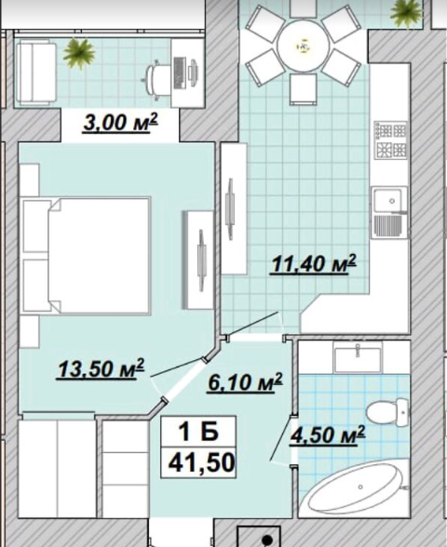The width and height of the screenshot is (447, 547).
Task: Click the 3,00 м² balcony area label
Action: [120, 123]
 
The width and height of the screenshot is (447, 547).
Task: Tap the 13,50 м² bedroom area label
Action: [101, 368]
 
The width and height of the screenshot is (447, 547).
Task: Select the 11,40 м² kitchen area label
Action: [313, 264]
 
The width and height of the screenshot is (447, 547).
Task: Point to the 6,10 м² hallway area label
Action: [245, 382]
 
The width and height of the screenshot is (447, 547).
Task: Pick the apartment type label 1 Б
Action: [198, 432]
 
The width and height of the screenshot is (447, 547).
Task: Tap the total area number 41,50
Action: [201, 462]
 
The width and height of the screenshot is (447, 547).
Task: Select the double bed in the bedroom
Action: [86, 256]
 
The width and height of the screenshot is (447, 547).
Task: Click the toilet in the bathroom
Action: [387, 413]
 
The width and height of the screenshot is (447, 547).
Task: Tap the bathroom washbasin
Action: [358, 356]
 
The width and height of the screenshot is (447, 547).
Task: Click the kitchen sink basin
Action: [389, 201]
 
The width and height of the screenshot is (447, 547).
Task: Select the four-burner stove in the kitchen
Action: [391, 140]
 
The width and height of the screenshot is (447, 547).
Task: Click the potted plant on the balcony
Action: [79, 53]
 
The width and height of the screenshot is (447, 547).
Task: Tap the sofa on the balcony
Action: [36, 73]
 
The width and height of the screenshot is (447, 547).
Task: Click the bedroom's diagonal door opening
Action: [184, 379]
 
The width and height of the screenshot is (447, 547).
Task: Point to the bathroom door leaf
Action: [281, 438]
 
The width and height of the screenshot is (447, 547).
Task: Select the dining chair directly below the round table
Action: [304, 89]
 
